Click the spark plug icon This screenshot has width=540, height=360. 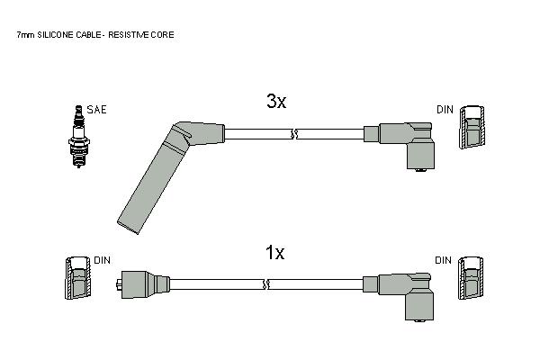coord(79,137)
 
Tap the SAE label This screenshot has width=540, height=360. coord(97,110)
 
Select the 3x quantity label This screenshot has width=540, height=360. coord(276,102)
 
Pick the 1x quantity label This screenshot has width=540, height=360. coord(274,253)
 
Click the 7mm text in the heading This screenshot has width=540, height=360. coord(25,35)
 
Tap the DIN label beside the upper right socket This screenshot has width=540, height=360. coord(445,110)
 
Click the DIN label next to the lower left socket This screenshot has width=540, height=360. coord(103,260)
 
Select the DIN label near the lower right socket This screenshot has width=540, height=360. coord(443,260)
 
